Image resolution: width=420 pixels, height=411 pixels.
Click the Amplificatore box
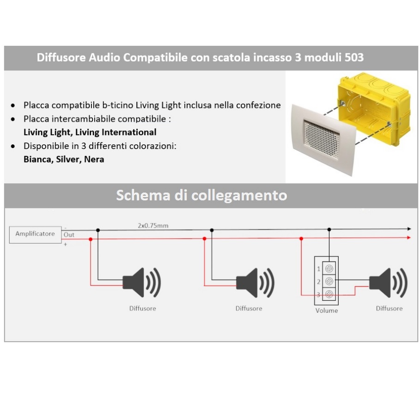pos(35,234)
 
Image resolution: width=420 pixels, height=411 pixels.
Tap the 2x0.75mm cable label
pos(153,226)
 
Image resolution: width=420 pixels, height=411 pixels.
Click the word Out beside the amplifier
pos(69,235)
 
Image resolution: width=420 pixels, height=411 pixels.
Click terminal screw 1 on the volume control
pos(331,268)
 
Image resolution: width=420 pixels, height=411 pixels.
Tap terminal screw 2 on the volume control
pos(331,281)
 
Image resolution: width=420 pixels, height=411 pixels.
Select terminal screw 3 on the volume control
pos(331,294)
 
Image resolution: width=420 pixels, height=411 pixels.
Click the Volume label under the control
pos(327,311)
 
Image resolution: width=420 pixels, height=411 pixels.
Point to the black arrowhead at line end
pos(408,229)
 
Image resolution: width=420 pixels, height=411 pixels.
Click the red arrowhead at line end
pos(408,237)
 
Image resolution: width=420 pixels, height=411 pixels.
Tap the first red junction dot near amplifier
pos(91,239)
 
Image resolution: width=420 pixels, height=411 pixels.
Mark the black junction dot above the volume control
pos(329,230)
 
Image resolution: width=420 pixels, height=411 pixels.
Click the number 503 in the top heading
pos(354,58)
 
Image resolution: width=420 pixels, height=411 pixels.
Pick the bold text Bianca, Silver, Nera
pos(64,159)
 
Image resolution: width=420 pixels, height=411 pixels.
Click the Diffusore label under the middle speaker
pos(249,309)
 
